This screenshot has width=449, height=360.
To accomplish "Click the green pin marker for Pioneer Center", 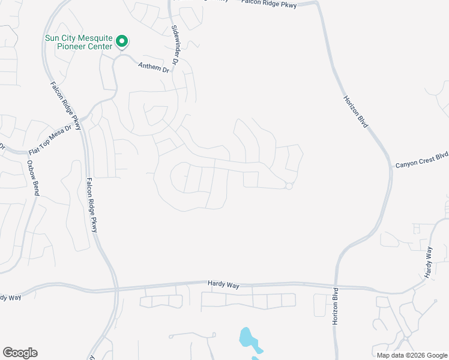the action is pos(122,41).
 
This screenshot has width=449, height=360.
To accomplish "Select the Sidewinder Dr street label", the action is pos(175,45).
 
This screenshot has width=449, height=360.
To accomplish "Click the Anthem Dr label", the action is pos(154,67).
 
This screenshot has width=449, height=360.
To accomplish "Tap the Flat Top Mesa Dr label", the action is pos(55,138).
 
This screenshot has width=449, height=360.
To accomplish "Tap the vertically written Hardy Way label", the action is pos(429,262).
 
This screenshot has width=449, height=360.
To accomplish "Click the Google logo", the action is pos(20,353).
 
